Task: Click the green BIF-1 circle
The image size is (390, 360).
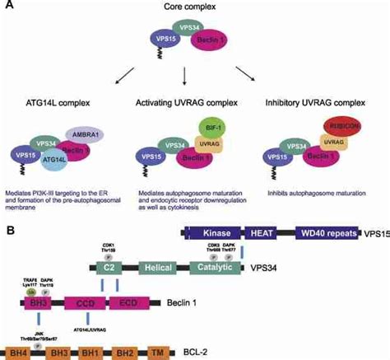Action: (x=213, y=128)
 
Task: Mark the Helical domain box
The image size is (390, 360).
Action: (x=156, y=267)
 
